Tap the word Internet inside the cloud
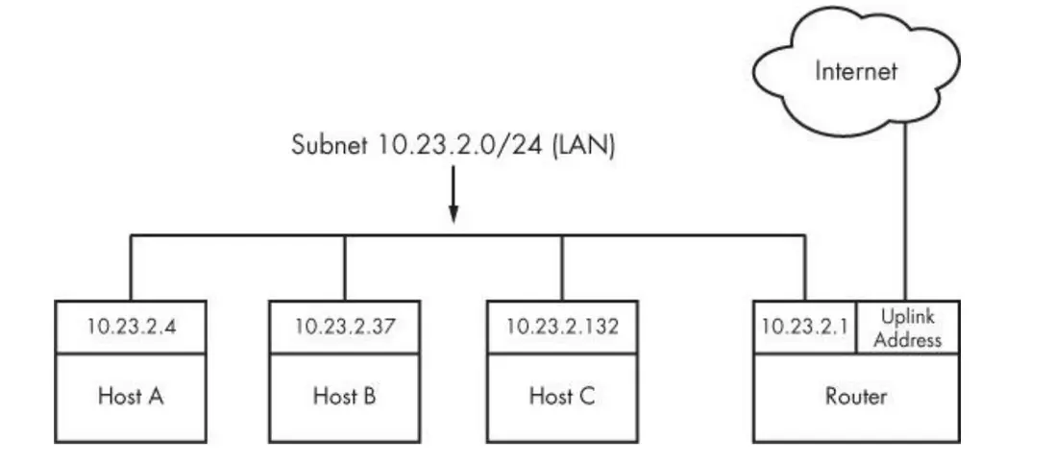(x=855, y=70)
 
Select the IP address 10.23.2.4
(x=130, y=327)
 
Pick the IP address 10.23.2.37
(x=345, y=327)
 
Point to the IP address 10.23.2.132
(x=563, y=327)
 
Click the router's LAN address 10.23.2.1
(x=804, y=327)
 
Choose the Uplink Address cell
(x=908, y=327)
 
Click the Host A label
(x=130, y=397)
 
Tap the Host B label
(x=345, y=397)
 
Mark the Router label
(x=856, y=397)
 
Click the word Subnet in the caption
(x=329, y=146)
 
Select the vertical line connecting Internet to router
(x=905, y=211)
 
